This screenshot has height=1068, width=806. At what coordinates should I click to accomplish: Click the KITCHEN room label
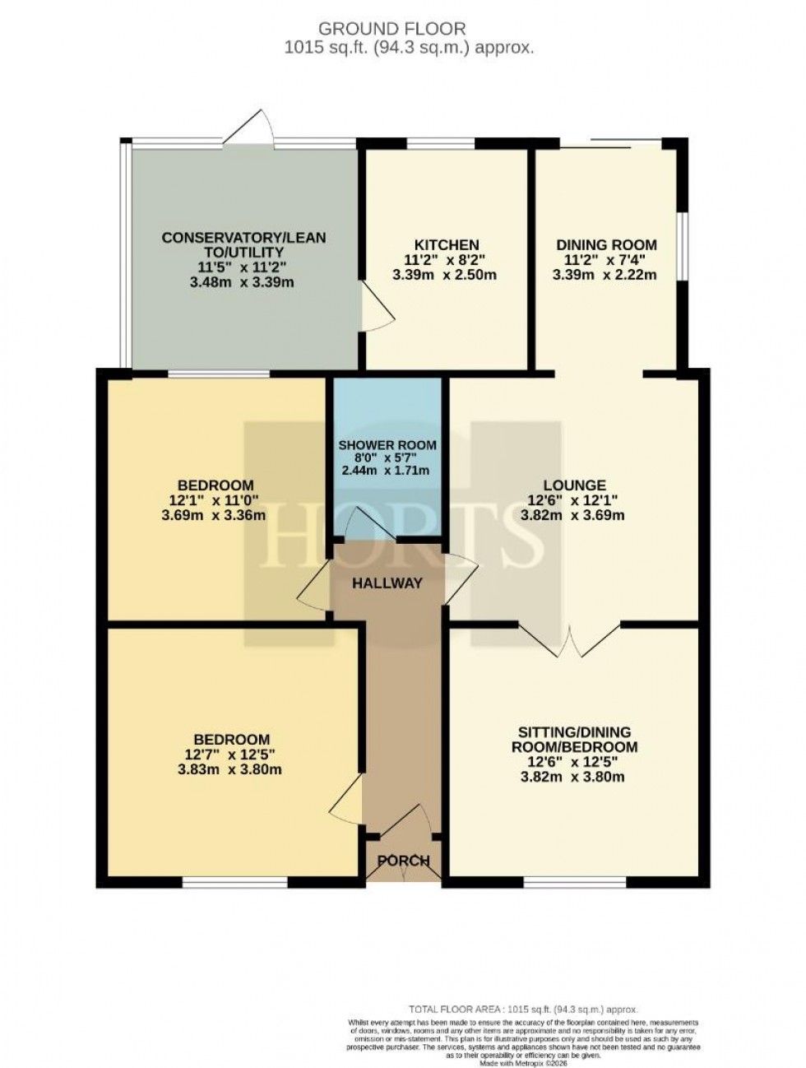446,245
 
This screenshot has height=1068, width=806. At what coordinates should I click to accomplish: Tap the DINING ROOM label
606,244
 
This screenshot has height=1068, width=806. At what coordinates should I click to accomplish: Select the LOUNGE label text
573,485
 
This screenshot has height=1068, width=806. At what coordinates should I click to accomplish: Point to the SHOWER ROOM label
387,445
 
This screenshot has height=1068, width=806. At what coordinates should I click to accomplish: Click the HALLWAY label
387,583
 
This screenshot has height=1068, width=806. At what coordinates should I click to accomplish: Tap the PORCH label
403,861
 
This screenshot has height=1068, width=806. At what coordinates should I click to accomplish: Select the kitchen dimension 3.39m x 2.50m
445,275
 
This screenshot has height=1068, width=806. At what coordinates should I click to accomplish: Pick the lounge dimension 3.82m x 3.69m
573,516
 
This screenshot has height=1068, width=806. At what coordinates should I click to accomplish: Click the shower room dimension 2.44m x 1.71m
387,471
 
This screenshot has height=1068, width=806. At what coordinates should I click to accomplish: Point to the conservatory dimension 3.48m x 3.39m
243,282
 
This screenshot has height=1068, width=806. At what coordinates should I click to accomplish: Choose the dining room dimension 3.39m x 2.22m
605,275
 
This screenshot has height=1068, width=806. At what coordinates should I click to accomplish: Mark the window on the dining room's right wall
680,248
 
